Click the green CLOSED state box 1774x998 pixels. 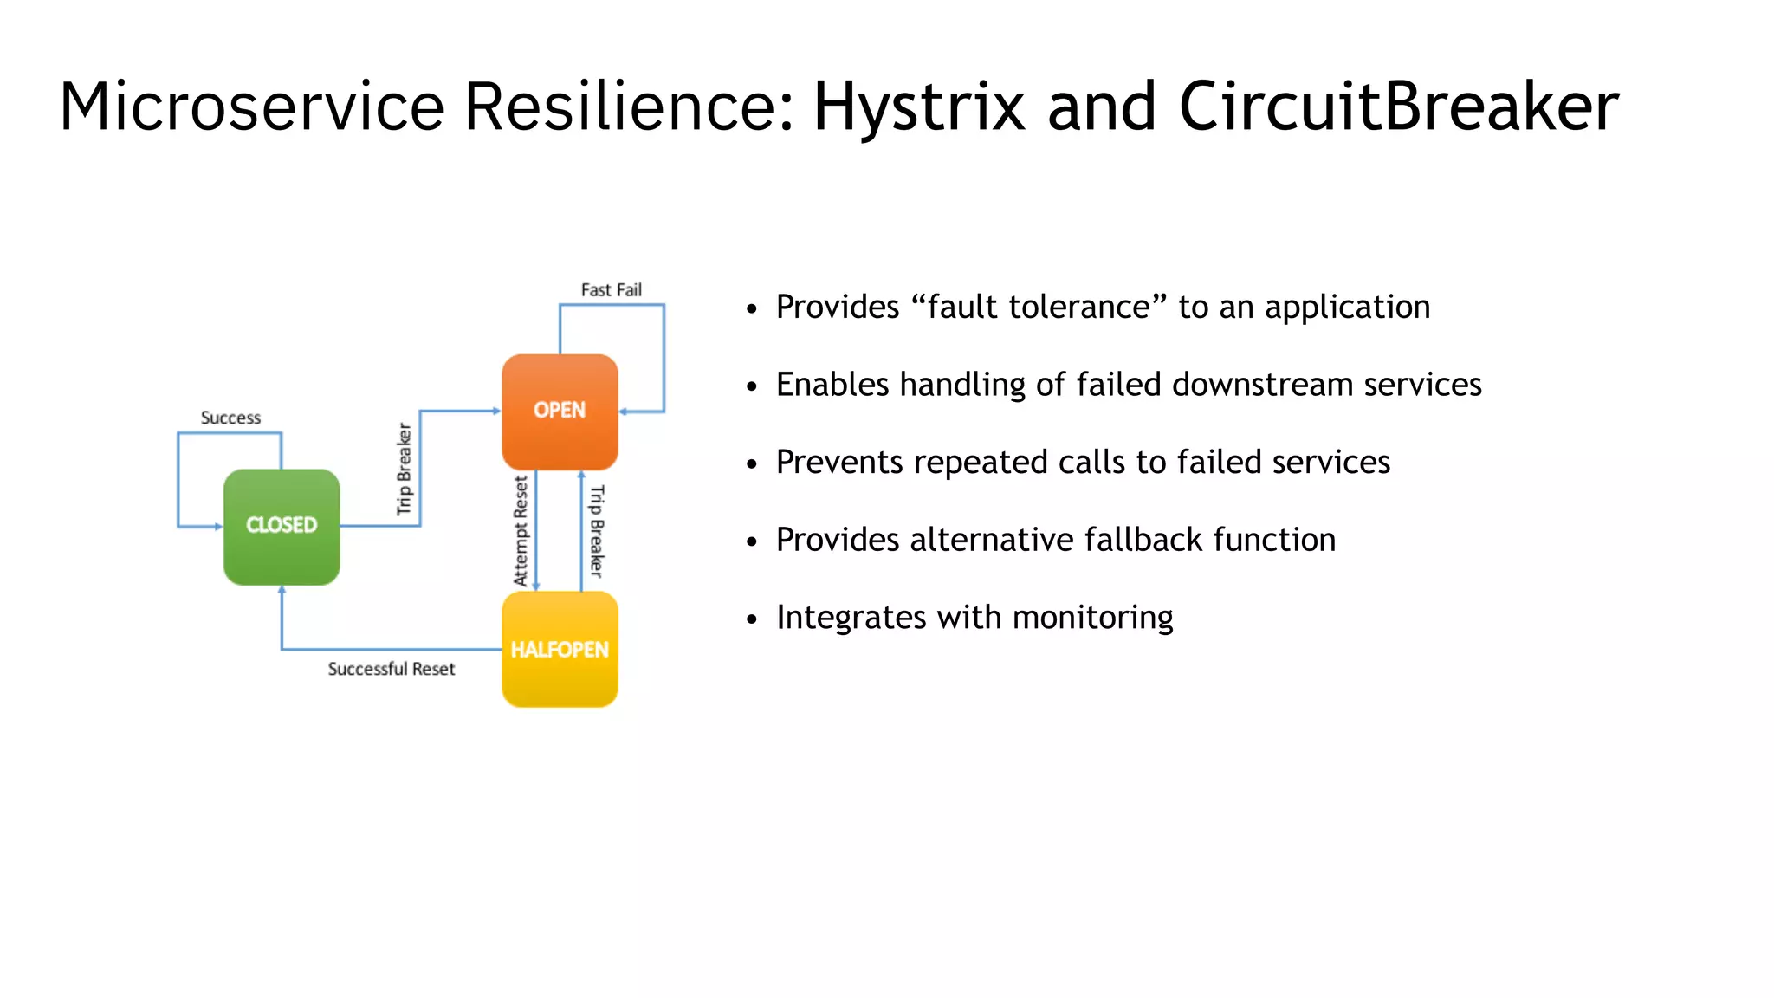[x=282, y=527]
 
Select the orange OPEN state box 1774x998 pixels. [x=560, y=412]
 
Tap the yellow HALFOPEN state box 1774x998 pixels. [x=560, y=649]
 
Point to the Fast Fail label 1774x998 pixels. [x=611, y=290]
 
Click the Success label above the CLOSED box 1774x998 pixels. [x=230, y=418]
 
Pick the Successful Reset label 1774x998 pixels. [x=391, y=669]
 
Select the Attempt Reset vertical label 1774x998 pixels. [x=521, y=531]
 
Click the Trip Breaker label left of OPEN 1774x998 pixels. [x=404, y=469]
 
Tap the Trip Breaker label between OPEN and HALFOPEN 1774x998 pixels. [x=597, y=531]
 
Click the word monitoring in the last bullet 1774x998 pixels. [x=1092, y=618]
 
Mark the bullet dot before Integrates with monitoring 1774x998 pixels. [x=752, y=619]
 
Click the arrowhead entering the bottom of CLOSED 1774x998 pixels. [x=282, y=591]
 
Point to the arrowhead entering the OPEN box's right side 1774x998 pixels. [x=624, y=412]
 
